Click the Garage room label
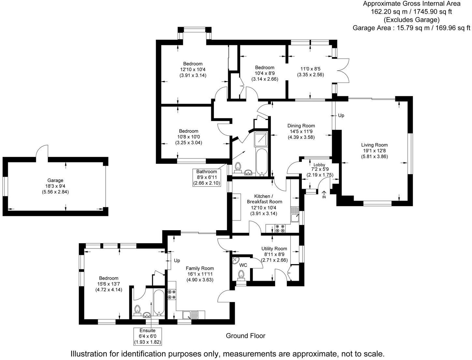55,180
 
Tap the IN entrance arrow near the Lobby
324,195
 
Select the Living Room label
374,145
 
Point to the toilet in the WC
241,276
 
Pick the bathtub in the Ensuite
159,303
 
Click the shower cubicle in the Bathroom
261,139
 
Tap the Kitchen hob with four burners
280,228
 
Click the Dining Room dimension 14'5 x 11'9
301,131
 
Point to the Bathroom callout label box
207,177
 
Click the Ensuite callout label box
147,336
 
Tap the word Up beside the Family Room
177,261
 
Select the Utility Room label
274,248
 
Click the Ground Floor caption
245,336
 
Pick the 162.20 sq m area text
388,12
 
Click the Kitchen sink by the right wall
295,214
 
